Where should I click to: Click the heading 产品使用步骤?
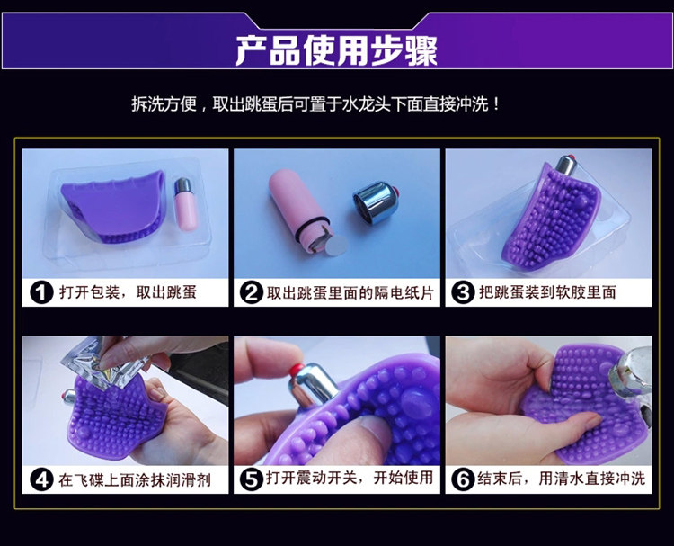[x=337, y=49]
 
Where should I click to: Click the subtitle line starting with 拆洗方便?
[x=316, y=104]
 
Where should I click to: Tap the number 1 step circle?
[x=41, y=293]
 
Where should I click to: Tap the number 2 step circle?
[x=251, y=293]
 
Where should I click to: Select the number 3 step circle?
[x=463, y=293]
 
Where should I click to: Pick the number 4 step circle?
[x=41, y=479]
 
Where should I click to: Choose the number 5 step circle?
[x=251, y=479]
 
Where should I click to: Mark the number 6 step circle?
[x=463, y=479]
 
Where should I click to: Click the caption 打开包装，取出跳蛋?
[x=128, y=292]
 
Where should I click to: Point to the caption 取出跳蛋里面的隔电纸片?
[x=350, y=293]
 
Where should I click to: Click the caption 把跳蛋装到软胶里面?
[x=547, y=292]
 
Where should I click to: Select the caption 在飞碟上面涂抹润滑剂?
[x=135, y=479]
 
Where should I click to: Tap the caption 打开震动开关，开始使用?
[x=350, y=478]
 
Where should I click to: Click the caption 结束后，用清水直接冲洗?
[x=562, y=479]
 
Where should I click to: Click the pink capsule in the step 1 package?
[x=186, y=204]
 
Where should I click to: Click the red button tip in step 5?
[x=297, y=369]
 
